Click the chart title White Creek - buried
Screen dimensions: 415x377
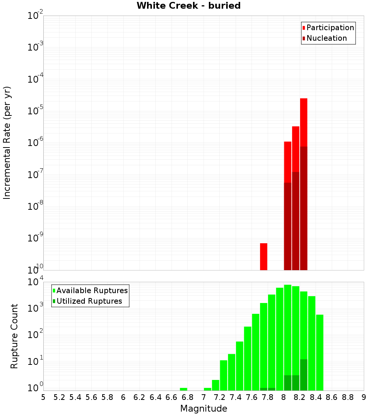point(188,6)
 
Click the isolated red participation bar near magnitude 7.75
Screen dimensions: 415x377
point(264,257)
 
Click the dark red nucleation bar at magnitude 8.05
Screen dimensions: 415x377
point(288,226)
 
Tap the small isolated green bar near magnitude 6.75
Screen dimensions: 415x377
point(184,389)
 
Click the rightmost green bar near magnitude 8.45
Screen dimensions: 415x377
point(320,353)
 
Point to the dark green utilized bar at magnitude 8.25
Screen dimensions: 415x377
point(303,375)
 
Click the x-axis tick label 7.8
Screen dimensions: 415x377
point(268,397)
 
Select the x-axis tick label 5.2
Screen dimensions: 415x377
point(60,397)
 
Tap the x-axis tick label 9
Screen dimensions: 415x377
point(364,397)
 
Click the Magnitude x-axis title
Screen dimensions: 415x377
point(204,409)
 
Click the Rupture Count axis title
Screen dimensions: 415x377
point(14,336)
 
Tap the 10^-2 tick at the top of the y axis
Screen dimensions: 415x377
point(35,16)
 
